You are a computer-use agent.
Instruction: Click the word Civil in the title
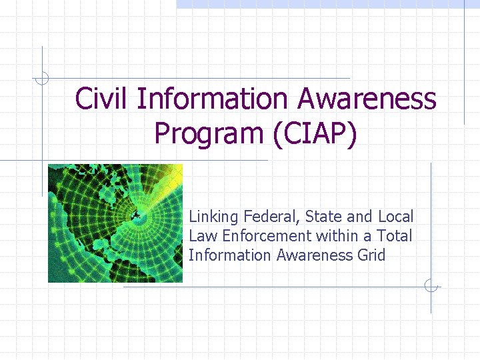(103, 99)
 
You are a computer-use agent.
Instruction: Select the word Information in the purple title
(213, 99)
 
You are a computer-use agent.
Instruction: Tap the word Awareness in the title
(367, 99)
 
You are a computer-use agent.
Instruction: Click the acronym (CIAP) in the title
(315, 133)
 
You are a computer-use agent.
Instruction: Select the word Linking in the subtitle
(214, 217)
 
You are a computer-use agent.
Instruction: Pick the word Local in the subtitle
(396, 217)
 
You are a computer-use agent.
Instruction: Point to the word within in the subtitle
(339, 236)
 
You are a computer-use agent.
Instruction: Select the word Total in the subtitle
(395, 236)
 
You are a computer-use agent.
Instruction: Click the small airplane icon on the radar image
(135, 214)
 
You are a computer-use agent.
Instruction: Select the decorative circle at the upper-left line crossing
(43, 78)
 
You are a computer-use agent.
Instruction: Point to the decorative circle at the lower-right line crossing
(431, 287)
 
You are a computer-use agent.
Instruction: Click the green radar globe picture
(115, 223)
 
